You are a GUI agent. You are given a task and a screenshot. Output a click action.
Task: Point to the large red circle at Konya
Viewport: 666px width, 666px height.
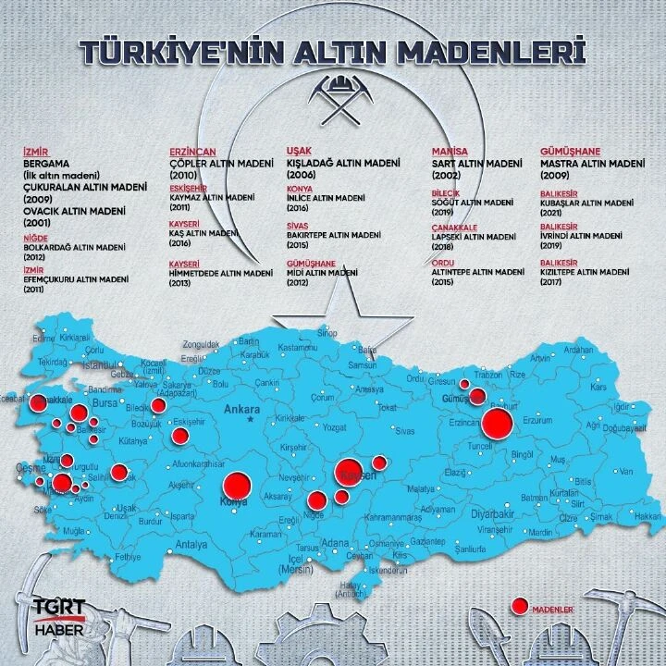237,485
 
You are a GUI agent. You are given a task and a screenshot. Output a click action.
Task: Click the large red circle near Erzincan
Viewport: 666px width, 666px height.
498,423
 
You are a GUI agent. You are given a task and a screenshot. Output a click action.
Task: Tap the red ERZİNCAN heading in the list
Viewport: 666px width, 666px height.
192,151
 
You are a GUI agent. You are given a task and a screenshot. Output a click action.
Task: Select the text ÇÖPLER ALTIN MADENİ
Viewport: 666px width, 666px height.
221,163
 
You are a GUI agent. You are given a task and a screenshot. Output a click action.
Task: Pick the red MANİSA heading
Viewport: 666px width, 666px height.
450,151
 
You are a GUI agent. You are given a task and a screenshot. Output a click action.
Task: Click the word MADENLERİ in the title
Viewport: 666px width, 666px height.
499,51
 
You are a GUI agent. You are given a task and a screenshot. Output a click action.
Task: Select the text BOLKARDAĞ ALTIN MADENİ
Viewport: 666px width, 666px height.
77,248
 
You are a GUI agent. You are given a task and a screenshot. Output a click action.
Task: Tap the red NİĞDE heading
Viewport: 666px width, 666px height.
34,238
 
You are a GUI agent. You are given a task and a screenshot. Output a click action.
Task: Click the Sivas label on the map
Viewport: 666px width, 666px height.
405,431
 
